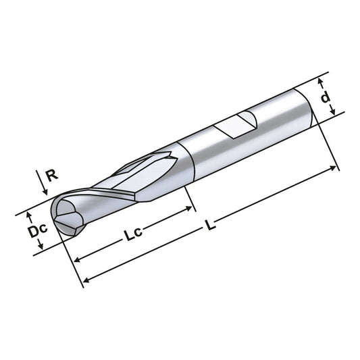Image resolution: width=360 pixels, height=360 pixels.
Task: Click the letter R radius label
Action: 50,176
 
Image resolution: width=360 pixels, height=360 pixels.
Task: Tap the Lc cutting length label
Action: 132,236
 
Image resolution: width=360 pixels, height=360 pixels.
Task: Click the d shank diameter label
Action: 326,98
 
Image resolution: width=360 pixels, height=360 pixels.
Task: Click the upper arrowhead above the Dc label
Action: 29,215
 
